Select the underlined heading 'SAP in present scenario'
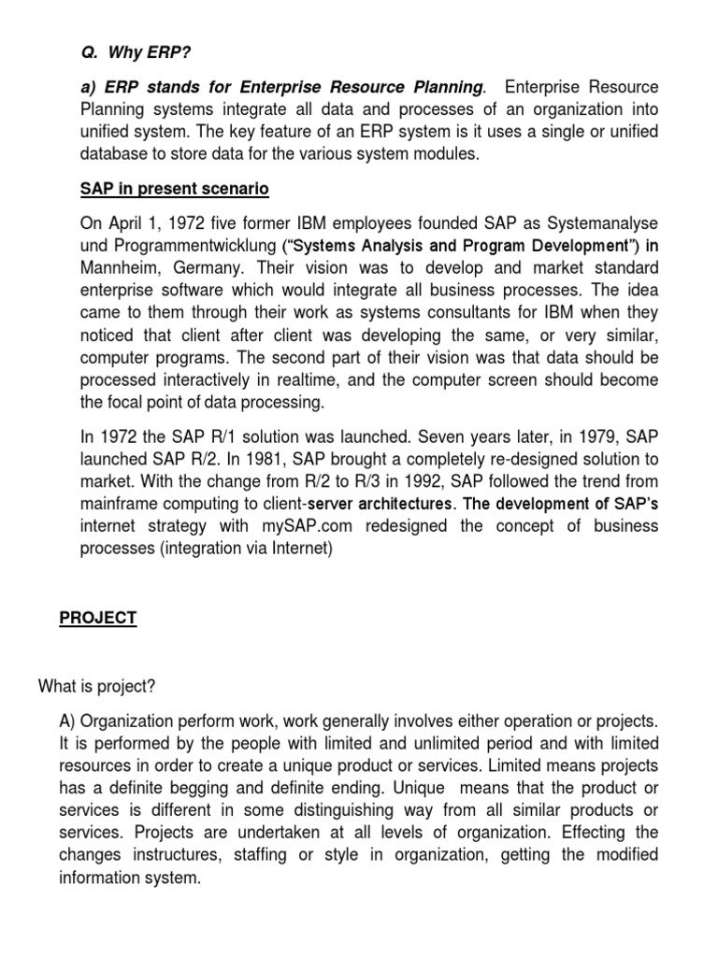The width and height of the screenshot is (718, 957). click(x=173, y=189)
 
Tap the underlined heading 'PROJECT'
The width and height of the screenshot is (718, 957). click(x=98, y=618)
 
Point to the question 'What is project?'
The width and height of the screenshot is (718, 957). click(x=96, y=687)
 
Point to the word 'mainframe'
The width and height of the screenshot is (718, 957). click(x=118, y=504)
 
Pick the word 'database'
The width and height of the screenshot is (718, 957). click(x=115, y=154)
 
